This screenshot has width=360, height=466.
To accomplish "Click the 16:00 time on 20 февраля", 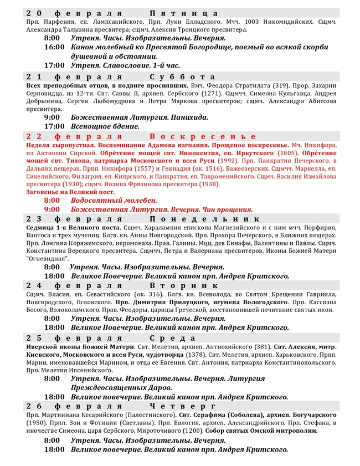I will [55, 47].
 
